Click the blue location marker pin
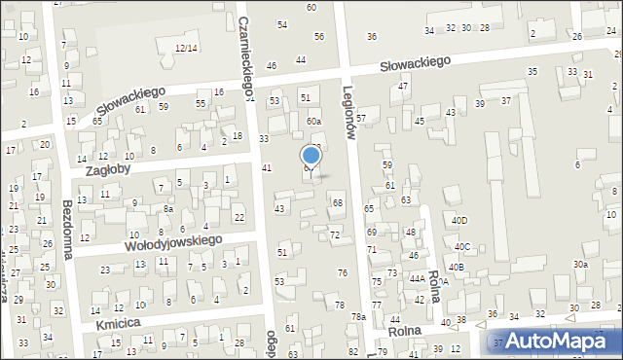[x=311, y=156]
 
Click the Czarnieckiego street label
[x=244, y=49]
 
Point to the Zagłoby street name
[x=109, y=167]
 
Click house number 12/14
[x=186, y=48]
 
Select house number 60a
[x=313, y=121]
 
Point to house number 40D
[x=458, y=221]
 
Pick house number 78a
[x=358, y=317]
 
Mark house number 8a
[x=167, y=209]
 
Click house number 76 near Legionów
[x=342, y=273]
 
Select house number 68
[x=338, y=202]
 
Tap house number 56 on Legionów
[x=319, y=36]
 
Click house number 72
[x=335, y=235]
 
